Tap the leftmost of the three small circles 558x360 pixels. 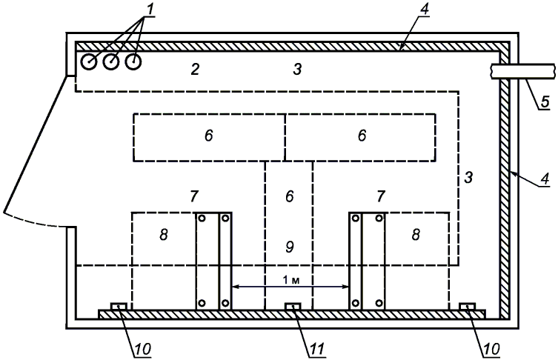[88, 62]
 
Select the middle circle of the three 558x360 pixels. [110, 62]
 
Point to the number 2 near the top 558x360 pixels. [194, 70]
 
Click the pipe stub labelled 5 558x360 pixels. [522, 71]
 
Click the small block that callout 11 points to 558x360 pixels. [293, 307]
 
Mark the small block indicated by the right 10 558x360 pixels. [467, 307]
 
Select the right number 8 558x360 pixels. [415, 233]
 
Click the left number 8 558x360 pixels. [163, 233]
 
